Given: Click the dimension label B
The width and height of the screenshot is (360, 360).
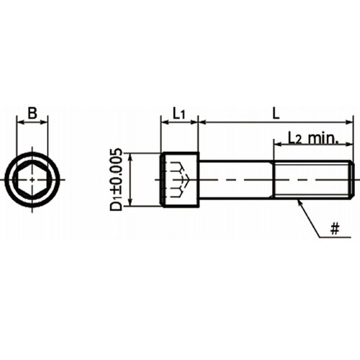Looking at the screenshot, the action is (x=32, y=113).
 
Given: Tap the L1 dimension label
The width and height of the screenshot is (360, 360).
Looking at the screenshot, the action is (x=179, y=113).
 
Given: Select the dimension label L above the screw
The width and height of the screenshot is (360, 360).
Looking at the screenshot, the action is (x=276, y=113).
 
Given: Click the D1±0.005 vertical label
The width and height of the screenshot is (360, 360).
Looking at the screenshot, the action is (x=116, y=179).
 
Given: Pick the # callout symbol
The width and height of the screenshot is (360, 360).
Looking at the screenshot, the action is (x=335, y=228).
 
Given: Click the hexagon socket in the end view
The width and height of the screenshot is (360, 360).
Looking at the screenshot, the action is (x=32, y=180).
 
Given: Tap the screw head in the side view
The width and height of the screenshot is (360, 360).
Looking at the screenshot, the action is (x=179, y=179).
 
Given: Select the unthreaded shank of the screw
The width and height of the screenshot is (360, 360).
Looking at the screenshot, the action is (x=236, y=179).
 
